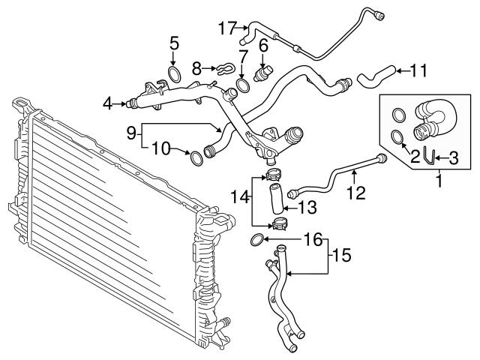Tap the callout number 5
tap(174, 43)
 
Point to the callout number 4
tap(109, 103)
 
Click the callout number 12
tap(355, 193)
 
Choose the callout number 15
tap(340, 256)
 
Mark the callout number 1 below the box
tap(439, 180)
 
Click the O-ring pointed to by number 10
tap(196, 157)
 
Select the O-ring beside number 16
tap(256, 240)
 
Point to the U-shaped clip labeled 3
tap(430, 157)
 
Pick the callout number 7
tap(243, 56)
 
